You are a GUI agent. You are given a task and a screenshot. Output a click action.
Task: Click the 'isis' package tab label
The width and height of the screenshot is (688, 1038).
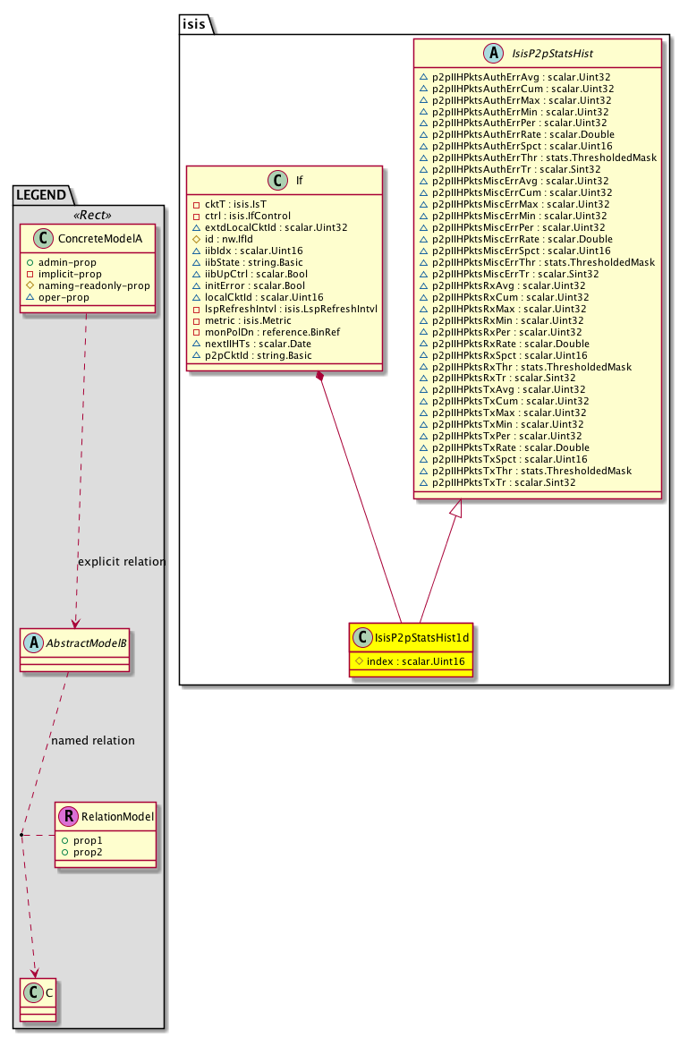194,24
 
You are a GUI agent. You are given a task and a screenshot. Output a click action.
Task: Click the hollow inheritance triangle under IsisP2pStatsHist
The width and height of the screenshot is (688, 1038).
456,510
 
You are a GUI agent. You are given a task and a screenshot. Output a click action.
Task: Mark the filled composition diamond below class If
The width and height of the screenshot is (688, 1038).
319,378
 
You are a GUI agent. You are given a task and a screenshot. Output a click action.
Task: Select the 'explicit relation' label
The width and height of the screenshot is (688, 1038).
122,562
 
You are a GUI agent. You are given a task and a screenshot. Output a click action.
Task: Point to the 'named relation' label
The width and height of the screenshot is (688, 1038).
93,741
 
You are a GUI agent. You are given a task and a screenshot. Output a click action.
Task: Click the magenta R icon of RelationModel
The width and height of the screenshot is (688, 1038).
68,817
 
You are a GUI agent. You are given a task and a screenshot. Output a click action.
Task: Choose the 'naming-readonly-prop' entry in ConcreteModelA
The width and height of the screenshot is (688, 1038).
93,285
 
